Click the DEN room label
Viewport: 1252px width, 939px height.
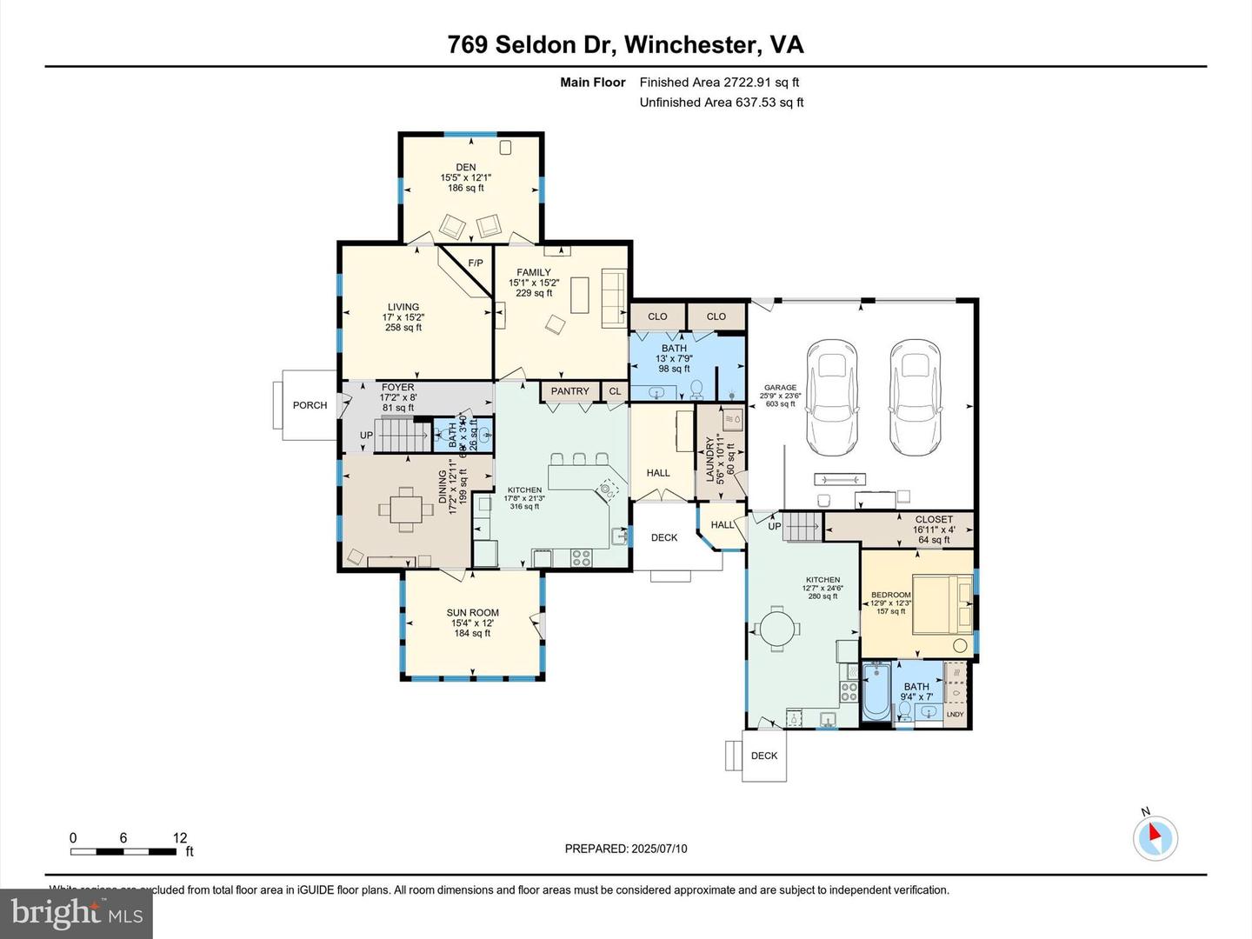click(466, 168)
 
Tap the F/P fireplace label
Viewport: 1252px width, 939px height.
click(476, 263)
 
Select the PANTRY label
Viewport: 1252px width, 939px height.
click(569, 391)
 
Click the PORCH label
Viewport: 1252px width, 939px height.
click(310, 405)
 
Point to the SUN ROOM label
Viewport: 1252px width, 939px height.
click(472, 613)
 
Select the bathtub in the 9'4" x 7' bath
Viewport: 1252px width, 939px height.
click(876, 691)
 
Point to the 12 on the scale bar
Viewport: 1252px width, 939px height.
click(180, 838)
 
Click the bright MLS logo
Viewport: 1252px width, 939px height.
click(77, 913)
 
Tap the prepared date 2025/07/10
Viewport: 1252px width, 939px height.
click(659, 849)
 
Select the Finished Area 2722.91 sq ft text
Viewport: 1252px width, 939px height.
click(719, 83)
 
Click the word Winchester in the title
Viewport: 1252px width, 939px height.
click(691, 45)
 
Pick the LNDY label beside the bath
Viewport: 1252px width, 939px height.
click(955, 715)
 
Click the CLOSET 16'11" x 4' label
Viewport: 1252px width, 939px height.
click(934, 519)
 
